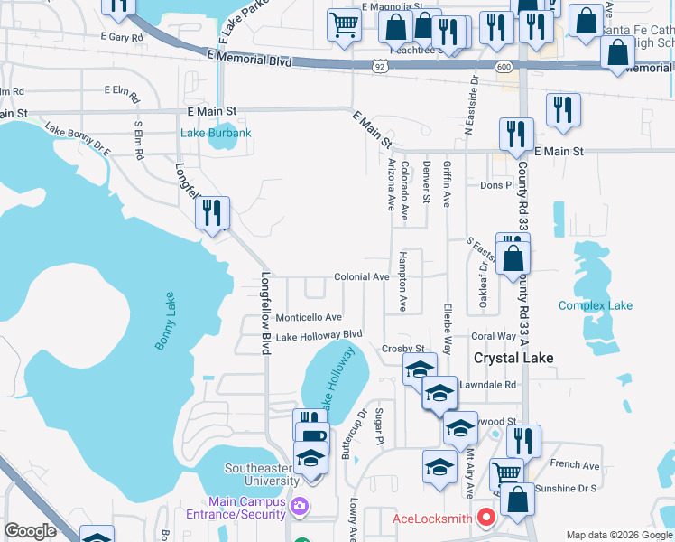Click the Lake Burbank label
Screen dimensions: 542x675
tap(216, 134)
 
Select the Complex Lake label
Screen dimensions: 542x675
tap(595, 305)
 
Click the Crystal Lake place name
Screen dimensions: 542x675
tap(513, 358)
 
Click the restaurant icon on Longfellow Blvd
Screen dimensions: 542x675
tap(212, 214)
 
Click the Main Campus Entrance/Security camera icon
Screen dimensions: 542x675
tap(301, 508)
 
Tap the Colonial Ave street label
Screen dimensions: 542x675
tap(361, 277)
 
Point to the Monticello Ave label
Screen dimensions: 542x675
tap(309, 317)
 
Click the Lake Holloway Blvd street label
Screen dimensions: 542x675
tap(319, 335)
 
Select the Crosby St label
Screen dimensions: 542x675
tap(402, 348)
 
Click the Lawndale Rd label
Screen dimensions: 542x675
tap(486, 384)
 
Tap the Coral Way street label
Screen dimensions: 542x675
tap(494, 336)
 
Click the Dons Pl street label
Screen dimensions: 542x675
tap(496, 185)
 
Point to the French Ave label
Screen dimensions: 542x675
tap(574, 465)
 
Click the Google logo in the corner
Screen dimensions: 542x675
tap(30, 531)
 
